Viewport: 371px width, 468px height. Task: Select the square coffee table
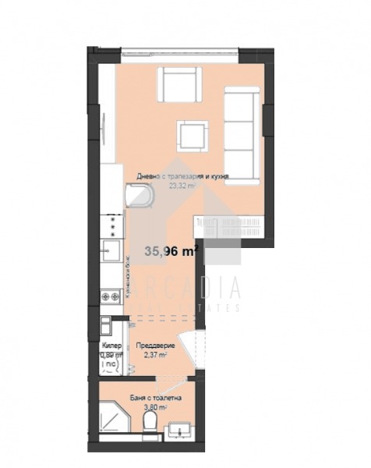(192, 136)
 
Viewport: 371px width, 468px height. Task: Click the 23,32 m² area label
(182, 186)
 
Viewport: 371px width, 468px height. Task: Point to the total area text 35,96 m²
(171, 251)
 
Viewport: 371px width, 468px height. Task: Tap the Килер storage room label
(110, 344)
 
